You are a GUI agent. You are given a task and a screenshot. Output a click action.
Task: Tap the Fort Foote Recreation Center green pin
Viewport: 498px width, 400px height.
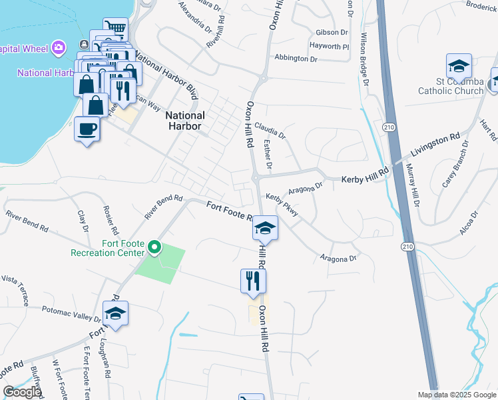tap(154, 248)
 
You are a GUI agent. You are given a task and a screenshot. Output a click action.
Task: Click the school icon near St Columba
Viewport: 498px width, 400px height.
tap(458, 66)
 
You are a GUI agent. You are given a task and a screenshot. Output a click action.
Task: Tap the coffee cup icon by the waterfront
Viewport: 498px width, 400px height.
tap(87, 128)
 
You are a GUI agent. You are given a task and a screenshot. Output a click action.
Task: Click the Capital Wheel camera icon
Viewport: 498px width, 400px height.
tap(59, 47)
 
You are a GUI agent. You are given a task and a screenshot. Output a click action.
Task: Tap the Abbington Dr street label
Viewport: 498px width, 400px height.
tap(296, 59)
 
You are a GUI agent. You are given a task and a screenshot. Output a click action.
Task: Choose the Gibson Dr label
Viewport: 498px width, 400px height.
tap(332, 32)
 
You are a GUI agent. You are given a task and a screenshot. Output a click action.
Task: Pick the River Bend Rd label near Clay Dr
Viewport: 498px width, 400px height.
tap(27, 221)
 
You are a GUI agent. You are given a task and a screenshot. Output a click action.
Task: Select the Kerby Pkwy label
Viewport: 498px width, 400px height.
tap(282, 206)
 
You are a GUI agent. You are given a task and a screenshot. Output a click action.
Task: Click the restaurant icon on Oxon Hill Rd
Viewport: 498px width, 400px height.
tap(253, 281)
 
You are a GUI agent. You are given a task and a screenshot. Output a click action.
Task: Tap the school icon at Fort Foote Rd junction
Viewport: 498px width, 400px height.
tap(265, 229)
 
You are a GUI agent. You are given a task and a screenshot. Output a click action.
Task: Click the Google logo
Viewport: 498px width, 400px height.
tap(22, 392)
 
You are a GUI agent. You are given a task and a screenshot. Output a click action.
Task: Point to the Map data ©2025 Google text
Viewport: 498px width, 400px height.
tap(456, 395)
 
